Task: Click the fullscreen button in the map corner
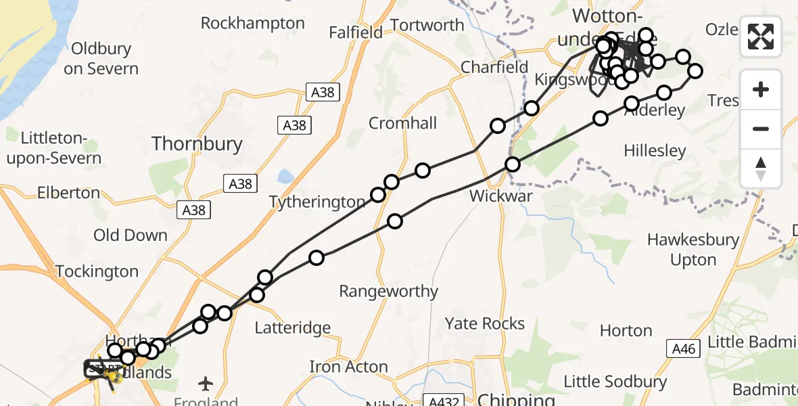pyautogui.click(x=761, y=36)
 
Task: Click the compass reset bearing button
pyautogui.click(x=761, y=168)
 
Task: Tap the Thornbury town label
pyautogui.click(x=197, y=143)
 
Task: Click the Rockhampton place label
pyautogui.click(x=253, y=23)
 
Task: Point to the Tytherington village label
pyautogui.click(x=317, y=202)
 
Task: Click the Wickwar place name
pyautogui.click(x=501, y=196)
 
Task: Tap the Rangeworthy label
pyautogui.click(x=388, y=292)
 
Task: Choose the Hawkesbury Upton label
pyautogui.click(x=693, y=250)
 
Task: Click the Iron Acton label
pyautogui.click(x=348, y=367)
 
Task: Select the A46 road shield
pyautogui.click(x=684, y=349)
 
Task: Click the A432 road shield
pyautogui.click(x=440, y=400)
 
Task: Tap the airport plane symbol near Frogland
pyautogui.click(x=206, y=384)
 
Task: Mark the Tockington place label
pyautogui.click(x=97, y=271)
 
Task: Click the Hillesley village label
pyautogui.click(x=655, y=150)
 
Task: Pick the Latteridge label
pyautogui.click(x=293, y=328)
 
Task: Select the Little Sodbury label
pyautogui.click(x=615, y=382)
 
